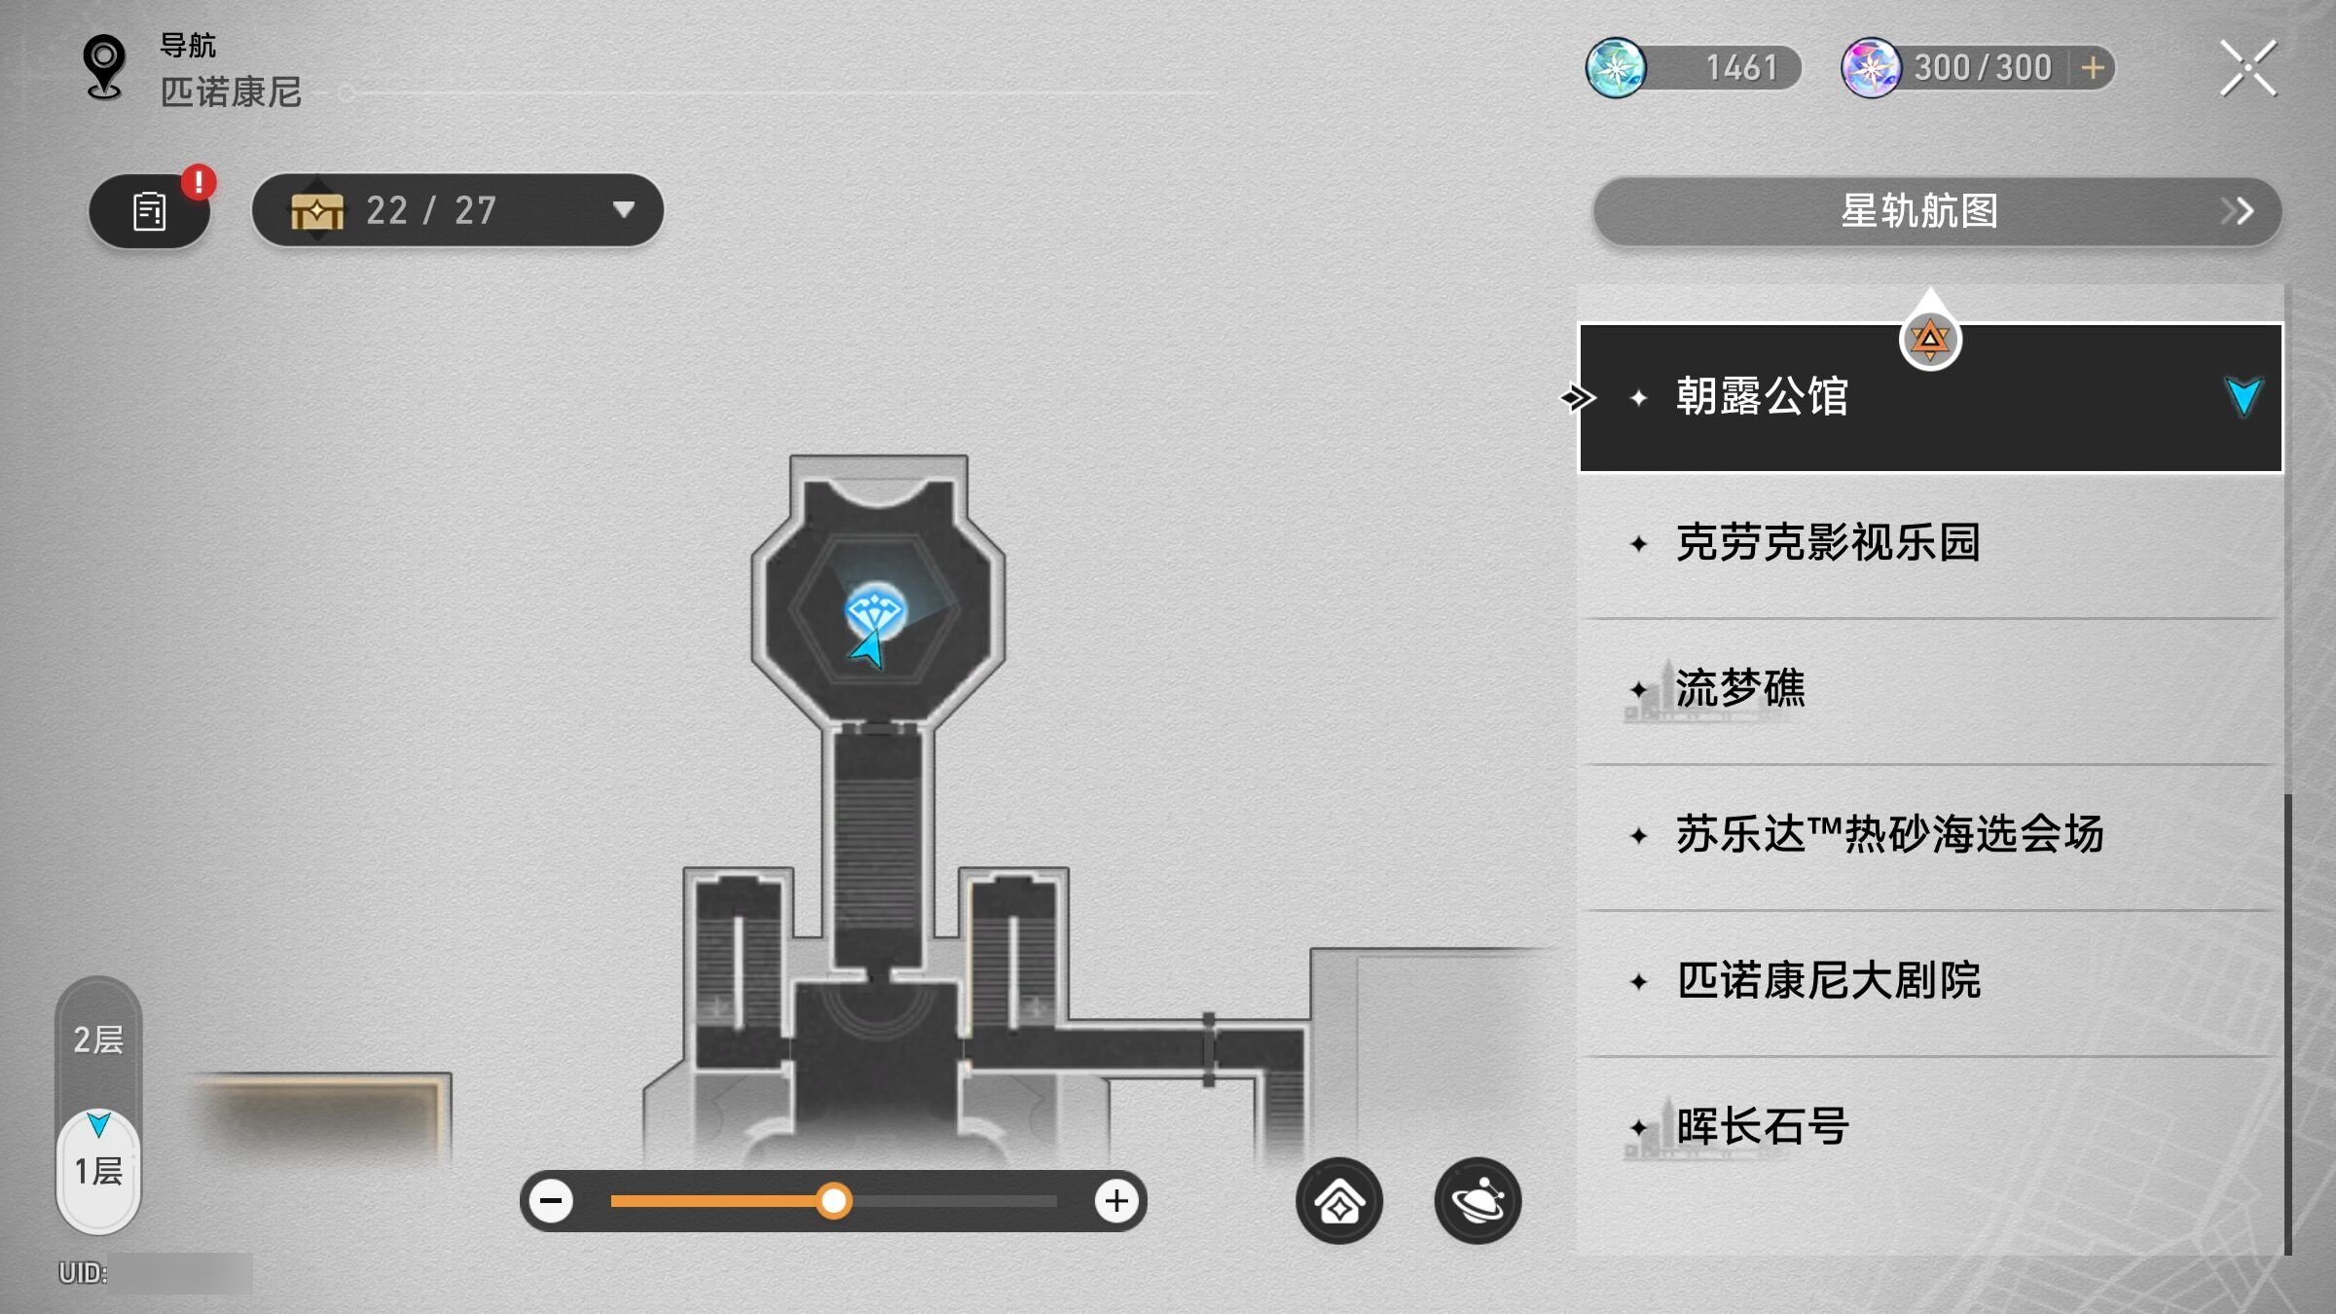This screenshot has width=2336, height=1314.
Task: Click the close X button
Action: point(2247,68)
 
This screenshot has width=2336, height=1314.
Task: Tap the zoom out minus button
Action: point(551,1200)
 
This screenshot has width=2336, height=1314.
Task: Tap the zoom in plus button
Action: point(1115,1200)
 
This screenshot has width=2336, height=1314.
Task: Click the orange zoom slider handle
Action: point(833,1200)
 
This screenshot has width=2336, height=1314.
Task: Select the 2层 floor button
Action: point(98,1040)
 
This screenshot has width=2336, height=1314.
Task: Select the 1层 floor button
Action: point(98,1170)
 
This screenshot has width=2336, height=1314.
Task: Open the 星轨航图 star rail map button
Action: point(1937,211)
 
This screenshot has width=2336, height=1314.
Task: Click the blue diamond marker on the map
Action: point(875,612)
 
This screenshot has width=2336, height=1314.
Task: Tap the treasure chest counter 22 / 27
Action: point(457,210)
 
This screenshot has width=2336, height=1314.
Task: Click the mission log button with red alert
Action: point(150,210)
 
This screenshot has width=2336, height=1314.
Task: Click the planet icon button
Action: point(1478,1200)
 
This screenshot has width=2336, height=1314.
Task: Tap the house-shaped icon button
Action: point(1339,1200)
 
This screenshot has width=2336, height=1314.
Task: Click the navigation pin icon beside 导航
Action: point(104,67)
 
